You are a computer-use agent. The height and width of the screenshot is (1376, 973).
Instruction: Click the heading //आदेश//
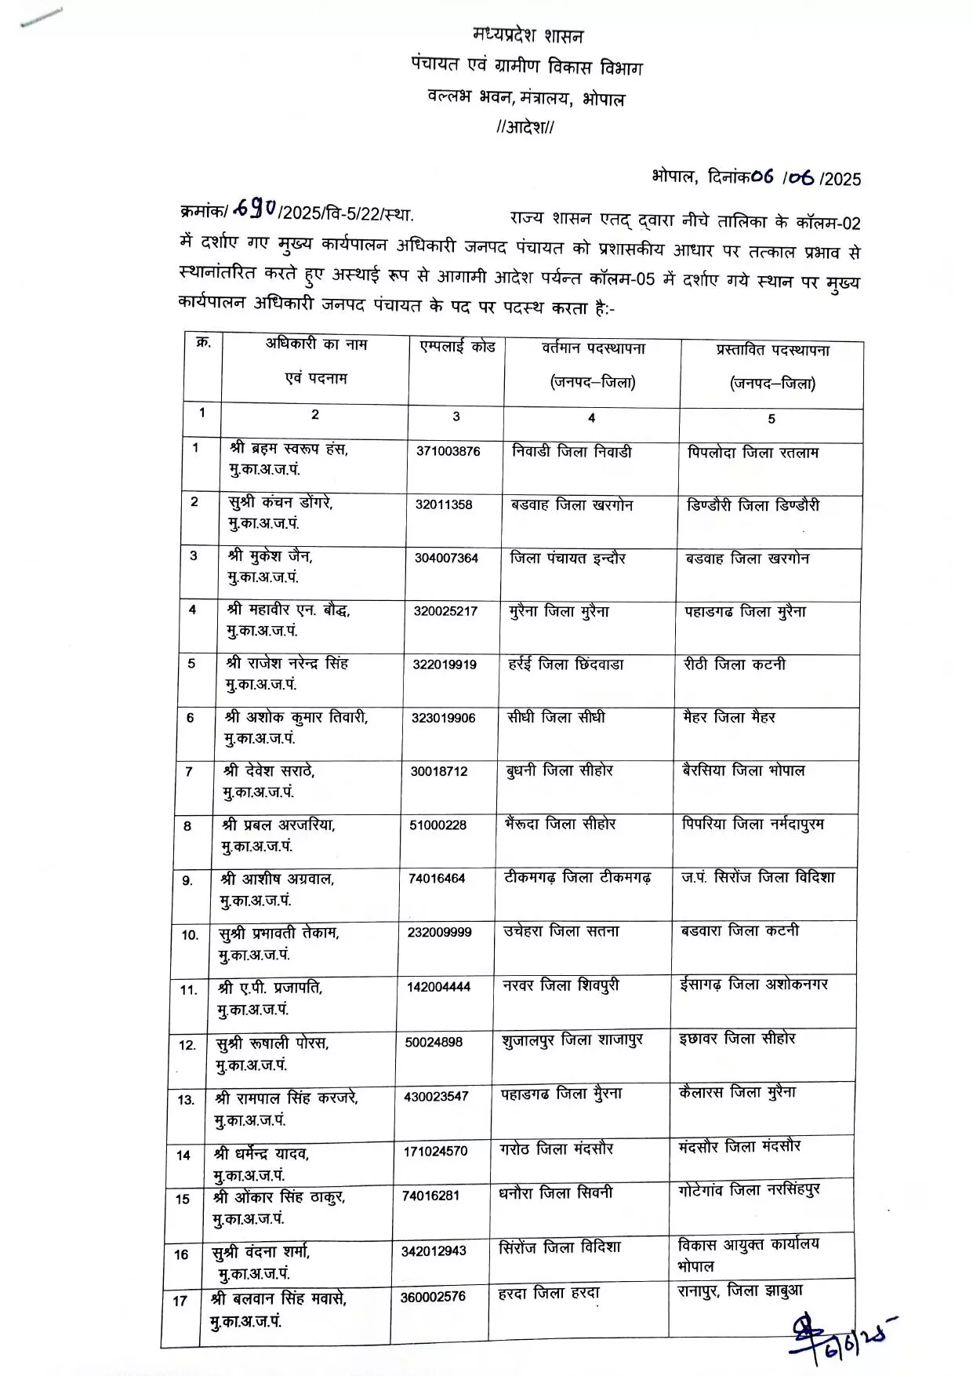point(525,128)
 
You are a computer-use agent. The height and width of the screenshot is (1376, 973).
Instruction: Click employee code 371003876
point(448,452)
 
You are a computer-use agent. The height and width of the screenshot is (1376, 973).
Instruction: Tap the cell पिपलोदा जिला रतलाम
point(753,453)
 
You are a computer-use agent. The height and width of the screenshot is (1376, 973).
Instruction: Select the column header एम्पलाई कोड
point(457,347)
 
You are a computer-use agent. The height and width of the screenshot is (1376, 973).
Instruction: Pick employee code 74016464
point(437,879)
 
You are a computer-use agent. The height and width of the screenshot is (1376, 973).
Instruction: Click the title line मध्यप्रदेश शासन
point(528,35)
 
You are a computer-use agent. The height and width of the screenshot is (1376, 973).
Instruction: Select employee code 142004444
point(438,987)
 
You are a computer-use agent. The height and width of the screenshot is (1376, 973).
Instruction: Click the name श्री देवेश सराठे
point(268,771)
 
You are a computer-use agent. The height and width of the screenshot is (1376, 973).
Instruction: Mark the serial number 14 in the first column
point(183,1156)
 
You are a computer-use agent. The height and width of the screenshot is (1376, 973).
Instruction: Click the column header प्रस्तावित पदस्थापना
point(772,350)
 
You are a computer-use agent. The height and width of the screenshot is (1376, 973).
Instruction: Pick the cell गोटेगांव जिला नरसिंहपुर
point(749,1190)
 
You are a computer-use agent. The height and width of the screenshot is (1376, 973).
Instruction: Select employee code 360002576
point(433,1297)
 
